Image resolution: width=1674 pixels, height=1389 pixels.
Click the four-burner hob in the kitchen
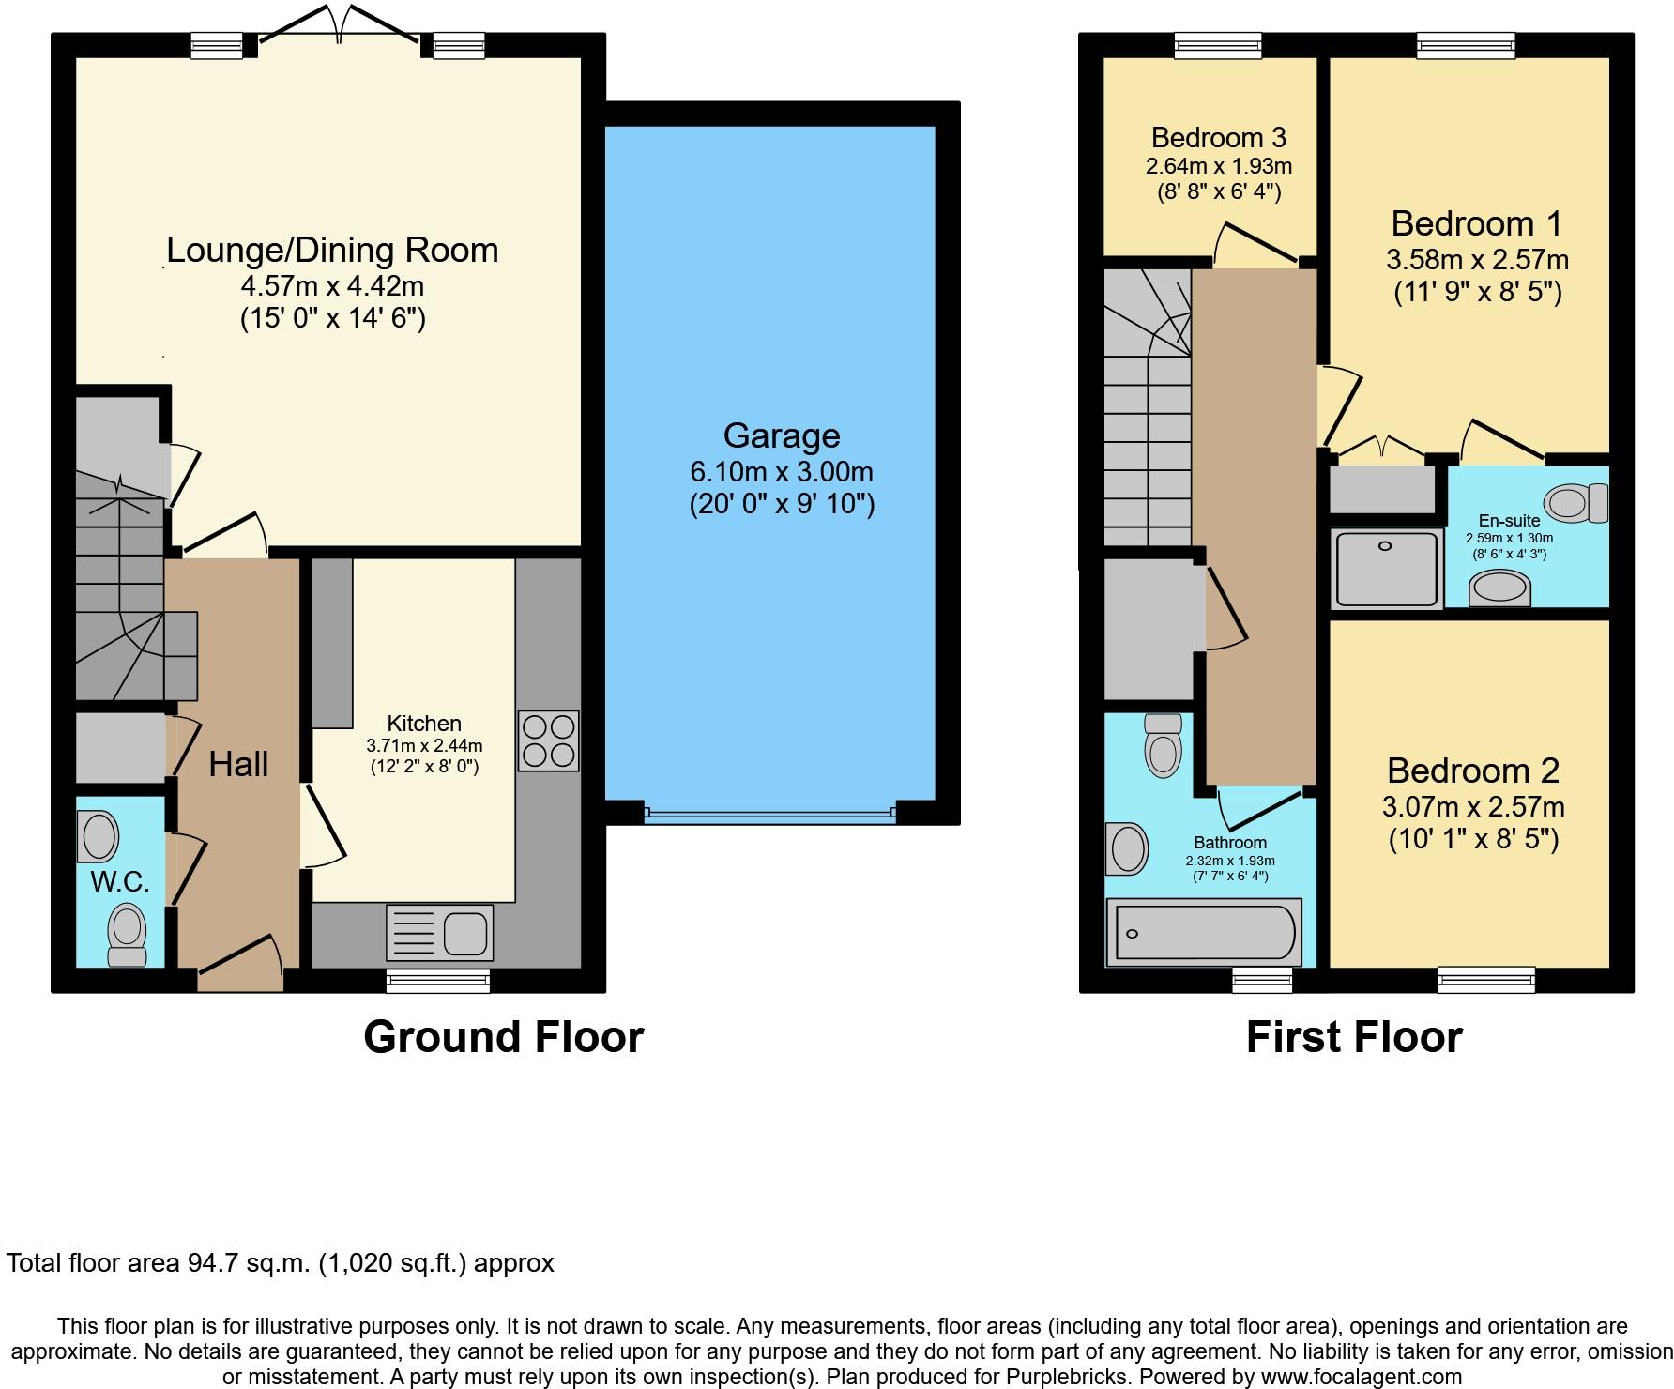pyautogui.click(x=548, y=741)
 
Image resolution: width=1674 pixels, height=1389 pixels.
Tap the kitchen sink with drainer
pyautogui.click(x=439, y=933)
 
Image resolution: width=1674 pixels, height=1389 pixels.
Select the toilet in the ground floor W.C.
pyautogui.click(x=127, y=935)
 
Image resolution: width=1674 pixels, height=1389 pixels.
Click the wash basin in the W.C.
pyautogui.click(x=98, y=836)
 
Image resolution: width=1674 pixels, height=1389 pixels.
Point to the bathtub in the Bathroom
pyautogui.click(x=1204, y=933)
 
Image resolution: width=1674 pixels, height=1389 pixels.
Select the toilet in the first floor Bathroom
pyautogui.click(x=1164, y=745)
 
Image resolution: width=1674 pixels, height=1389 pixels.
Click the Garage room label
pyautogui.click(x=782, y=435)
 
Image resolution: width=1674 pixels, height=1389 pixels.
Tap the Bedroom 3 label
pyautogui.click(x=1218, y=138)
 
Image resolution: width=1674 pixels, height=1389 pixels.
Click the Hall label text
pyautogui.click(x=238, y=764)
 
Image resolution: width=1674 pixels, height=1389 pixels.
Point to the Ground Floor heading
pyautogui.click(x=503, y=1037)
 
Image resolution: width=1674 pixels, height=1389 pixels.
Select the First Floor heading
pyautogui.click(x=1354, y=1037)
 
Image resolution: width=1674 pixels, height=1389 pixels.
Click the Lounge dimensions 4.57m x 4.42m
pyautogui.click(x=332, y=285)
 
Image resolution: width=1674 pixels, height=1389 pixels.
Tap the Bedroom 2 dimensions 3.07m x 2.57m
pyautogui.click(x=1473, y=807)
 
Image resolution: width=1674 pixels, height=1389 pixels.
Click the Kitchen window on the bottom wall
pyautogui.click(x=438, y=981)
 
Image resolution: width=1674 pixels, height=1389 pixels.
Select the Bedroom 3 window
pyautogui.click(x=1218, y=45)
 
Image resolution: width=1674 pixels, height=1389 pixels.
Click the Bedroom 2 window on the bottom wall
pyautogui.click(x=1486, y=980)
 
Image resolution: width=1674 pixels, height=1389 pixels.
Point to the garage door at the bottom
pyautogui.click(x=770, y=814)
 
